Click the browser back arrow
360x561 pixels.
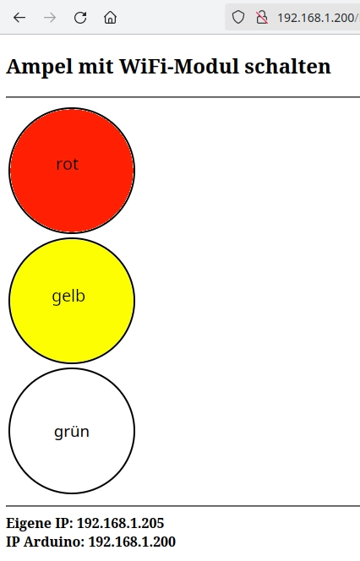(19, 18)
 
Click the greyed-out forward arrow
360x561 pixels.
(50, 18)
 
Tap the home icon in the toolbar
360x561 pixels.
(110, 17)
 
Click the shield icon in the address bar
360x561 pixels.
(238, 17)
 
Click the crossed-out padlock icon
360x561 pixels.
(262, 17)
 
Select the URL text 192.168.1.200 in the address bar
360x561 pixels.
(316, 18)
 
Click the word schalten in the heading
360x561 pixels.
(287, 66)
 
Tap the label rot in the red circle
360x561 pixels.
(68, 165)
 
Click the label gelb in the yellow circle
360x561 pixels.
(68, 297)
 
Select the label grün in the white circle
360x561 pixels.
(72, 431)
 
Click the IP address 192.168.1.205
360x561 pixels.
(120, 523)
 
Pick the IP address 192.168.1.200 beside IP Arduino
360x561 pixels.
(132, 542)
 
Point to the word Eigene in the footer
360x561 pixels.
(29, 524)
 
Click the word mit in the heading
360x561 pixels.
(95, 66)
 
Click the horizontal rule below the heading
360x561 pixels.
(183, 97)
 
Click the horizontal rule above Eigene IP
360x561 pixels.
(183, 506)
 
